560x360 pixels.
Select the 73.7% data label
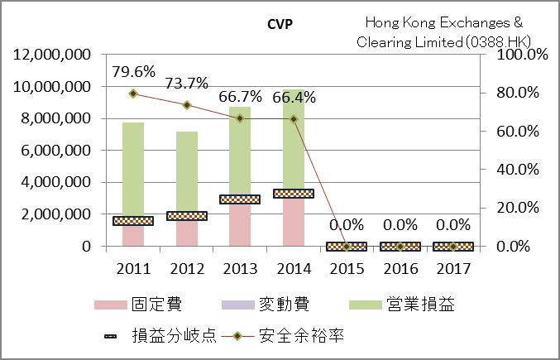(x=186, y=84)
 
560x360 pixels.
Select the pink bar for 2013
(x=240, y=224)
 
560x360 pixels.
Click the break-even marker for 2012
(x=186, y=216)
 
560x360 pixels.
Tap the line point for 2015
(x=347, y=246)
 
